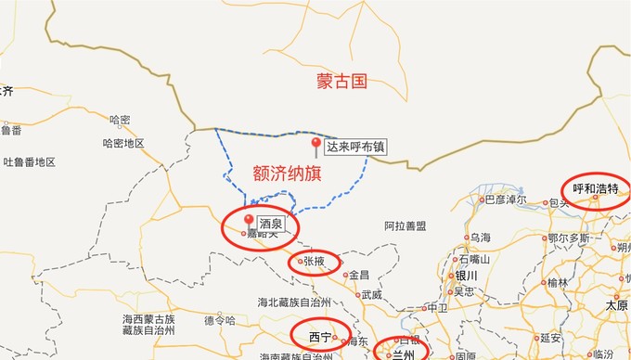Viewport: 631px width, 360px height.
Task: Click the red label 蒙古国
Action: pyautogui.click(x=342, y=82)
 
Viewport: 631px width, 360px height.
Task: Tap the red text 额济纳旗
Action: pyautogui.click(x=287, y=173)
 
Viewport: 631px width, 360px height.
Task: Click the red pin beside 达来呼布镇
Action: pyautogui.click(x=315, y=146)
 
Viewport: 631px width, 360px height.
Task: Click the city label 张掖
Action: pyautogui.click(x=314, y=262)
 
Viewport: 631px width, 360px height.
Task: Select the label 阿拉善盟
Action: pyautogui.click(x=406, y=225)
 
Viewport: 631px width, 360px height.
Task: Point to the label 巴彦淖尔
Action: pyautogui.click(x=505, y=199)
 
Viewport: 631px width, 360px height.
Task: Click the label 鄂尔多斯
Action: pyautogui.click(x=569, y=238)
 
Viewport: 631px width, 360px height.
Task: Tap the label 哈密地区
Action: pyautogui.click(x=123, y=143)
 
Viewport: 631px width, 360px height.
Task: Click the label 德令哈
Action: pyautogui.click(x=220, y=320)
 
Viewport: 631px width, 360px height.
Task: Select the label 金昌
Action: pyautogui.click(x=358, y=275)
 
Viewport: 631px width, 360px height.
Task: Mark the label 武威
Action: pyautogui.click(x=371, y=295)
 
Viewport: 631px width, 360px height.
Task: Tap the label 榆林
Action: pyautogui.click(x=557, y=283)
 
